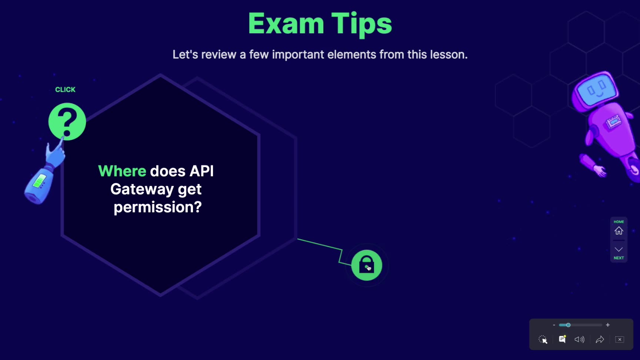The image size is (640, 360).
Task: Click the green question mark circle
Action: [x=67, y=121]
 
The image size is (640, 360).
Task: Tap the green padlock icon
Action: [x=367, y=265]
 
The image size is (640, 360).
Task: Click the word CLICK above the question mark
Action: [x=65, y=90]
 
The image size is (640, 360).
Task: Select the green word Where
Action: [x=122, y=171]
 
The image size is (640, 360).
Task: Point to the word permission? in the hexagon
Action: [x=158, y=207]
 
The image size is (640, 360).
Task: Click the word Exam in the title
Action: [x=286, y=24]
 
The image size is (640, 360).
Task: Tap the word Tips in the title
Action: [x=361, y=24]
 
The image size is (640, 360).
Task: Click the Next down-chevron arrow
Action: [x=619, y=249]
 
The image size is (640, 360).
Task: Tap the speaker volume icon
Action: [x=580, y=340]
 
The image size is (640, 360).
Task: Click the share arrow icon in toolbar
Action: [x=600, y=340]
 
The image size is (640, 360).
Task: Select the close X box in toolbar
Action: [x=620, y=340]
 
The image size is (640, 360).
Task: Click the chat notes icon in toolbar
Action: [x=562, y=339]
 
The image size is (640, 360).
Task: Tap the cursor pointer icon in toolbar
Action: [x=543, y=340]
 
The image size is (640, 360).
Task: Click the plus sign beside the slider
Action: [x=608, y=325]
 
